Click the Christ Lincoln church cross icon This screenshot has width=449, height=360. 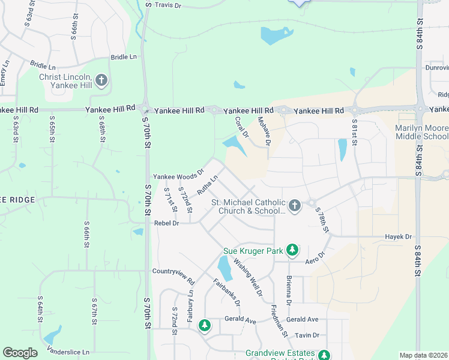coord(101,79)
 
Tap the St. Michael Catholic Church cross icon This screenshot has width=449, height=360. coord(294,206)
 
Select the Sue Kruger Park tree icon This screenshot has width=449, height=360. coord(292,249)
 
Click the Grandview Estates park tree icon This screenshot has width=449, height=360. coord(324,355)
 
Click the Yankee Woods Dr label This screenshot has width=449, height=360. coord(178,175)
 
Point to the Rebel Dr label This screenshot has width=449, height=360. coord(167,223)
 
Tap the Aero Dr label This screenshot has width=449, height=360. coord(314,256)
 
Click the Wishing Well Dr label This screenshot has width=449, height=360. coord(248,277)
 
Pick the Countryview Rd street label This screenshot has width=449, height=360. coord(174,277)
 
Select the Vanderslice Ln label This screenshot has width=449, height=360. coord(70,351)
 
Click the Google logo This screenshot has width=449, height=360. coord(20,353)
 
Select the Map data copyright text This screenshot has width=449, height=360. coord(424,355)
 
